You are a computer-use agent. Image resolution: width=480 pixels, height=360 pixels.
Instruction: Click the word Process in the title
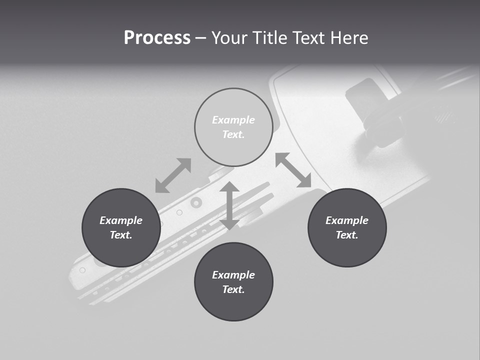(x=157, y=38)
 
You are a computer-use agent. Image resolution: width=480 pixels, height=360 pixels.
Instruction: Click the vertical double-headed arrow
(x=229, y=206)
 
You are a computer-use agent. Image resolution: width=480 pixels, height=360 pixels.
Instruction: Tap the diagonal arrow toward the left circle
(x=173, y=175)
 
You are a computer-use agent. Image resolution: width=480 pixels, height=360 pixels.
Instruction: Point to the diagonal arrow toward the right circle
(x=293, y=170)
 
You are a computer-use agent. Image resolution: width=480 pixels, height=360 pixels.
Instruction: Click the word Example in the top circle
(x=233, y=120)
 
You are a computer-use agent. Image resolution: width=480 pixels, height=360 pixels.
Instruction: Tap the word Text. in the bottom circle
(x=233, y=289)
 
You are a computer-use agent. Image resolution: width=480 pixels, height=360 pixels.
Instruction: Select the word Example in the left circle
(x=121, y=220)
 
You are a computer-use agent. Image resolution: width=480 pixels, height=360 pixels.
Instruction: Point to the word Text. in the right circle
(x=347, y=235)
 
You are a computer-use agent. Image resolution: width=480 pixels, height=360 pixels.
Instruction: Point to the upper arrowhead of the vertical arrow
(x=229, y=187)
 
